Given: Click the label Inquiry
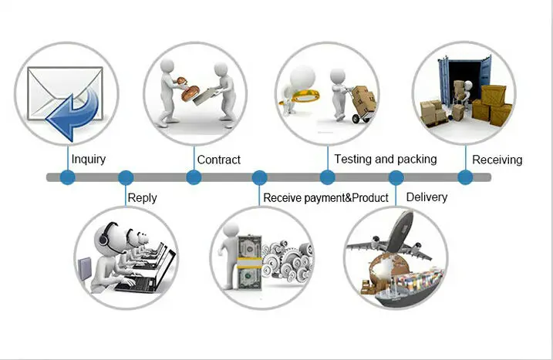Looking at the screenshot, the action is point(89,160).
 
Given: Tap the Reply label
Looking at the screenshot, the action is point(142,197).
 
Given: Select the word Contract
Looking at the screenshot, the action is point(219,160).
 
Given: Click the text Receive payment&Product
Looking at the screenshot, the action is point(325,197).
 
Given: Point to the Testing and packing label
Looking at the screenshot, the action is point(386,159).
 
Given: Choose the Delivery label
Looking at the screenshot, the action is point(427,197).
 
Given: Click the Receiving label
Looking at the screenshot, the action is point(497,160).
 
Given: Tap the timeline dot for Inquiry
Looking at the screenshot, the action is point(68,177).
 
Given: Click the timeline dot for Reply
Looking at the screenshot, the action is point(126,177).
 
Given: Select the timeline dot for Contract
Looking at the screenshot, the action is point(194,177).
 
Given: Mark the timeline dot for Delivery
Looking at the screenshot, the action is point(396,177).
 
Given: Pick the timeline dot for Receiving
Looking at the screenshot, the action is point(465,177).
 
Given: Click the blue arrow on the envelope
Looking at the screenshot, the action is point(72,113).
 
